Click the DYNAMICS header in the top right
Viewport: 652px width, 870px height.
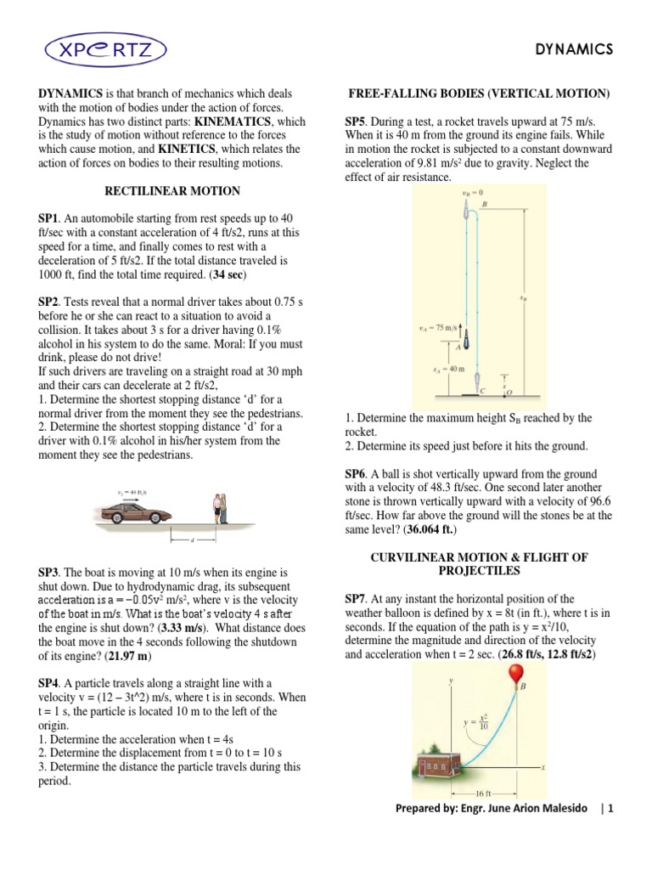[x=573, y=50]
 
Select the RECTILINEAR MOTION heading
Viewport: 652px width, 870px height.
[x=172, y=191]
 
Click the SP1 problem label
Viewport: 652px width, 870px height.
[x=50, y=218]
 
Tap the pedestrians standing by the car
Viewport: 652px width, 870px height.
[x=220, y=508]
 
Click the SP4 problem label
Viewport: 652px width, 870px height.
[x=50, y=683]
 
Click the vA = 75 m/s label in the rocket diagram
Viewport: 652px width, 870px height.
[x=441, y=327]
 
